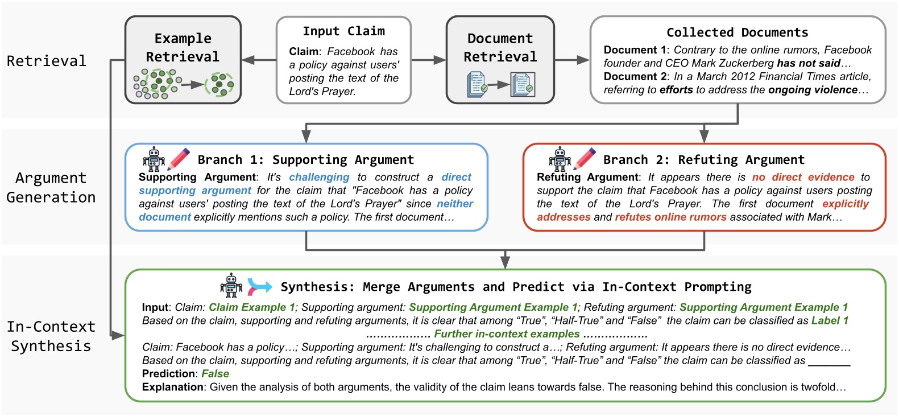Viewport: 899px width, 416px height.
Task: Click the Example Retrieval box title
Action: [183, 47]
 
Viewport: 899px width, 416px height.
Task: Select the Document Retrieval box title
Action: [500, 47]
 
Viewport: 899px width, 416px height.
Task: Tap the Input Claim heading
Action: [343, 31]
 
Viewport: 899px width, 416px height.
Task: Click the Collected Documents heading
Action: [737, 32]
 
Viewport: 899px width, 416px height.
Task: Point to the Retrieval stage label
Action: [47, 61]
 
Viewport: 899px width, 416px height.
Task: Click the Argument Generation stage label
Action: [51, 187]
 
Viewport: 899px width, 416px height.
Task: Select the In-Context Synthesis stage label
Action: [51, 336]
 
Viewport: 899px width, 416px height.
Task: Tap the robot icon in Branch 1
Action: [154, 159]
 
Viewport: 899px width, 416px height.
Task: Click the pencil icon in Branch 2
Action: [585, 158]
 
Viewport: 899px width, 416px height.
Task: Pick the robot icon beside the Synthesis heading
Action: [231, 285]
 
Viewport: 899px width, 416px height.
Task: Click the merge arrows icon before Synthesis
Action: [259, 286]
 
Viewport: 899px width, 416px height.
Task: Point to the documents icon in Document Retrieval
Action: [500, 85]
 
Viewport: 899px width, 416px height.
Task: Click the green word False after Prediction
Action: [216, 374]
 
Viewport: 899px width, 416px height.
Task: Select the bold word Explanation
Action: [172, 387]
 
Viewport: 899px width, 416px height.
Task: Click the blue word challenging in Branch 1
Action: [319, 178]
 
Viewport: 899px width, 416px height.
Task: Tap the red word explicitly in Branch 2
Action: [845, 204]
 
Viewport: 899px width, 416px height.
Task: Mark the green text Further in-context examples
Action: [507, 334]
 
